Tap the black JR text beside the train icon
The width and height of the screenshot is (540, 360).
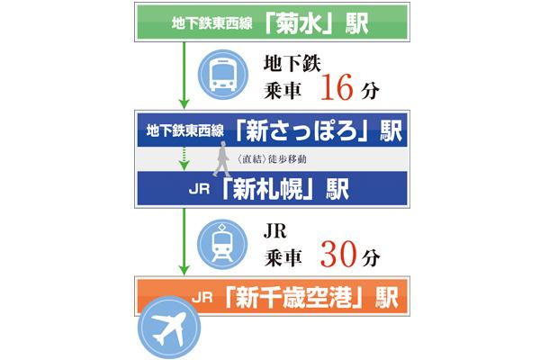click(275, 229)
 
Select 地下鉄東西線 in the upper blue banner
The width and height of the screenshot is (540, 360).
click(184, 133)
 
